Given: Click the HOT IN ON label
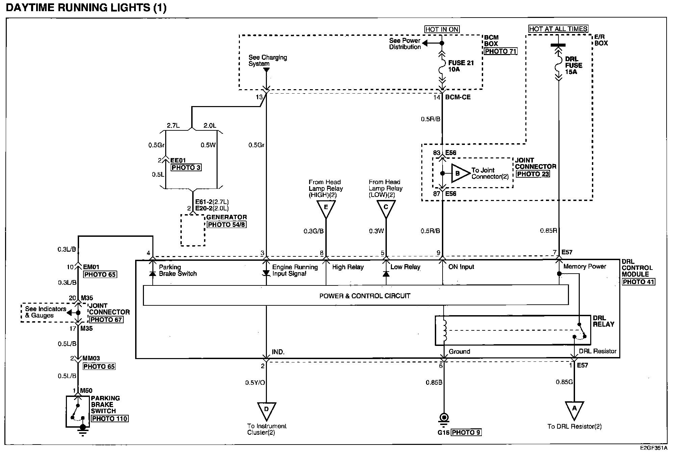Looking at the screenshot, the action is [442, 29].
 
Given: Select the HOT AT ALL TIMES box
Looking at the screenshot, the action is [558, 29].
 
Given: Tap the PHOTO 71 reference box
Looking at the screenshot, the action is [501, 51].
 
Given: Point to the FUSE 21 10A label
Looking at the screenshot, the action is [461, 66].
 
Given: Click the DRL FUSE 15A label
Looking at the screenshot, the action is [574, 66].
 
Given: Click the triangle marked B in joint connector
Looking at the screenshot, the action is [460, 174].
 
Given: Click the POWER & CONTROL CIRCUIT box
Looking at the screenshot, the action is [356, 296].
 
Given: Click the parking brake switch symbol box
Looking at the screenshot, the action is [78, 411].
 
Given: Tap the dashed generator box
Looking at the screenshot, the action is [193, 230].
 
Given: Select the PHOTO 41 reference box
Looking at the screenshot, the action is [639, 282].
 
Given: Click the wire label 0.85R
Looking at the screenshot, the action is [548, 231].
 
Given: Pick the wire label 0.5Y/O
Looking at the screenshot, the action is [255, 383].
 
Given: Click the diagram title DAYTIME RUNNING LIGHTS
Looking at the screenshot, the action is [86, 8].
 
